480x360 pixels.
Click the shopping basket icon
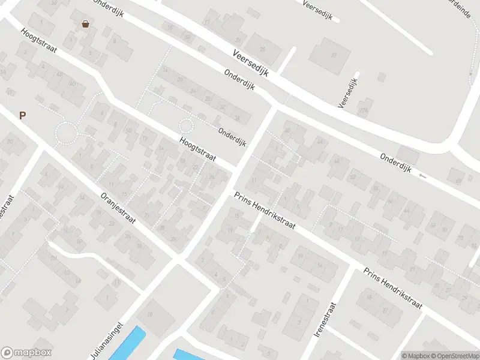86,24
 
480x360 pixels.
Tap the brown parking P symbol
23,116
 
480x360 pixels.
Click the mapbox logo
26,353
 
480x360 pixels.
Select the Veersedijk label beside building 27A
349,91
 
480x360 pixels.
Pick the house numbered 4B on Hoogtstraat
59,74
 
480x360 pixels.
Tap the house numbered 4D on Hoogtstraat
73,85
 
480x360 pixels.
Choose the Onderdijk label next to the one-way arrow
395,162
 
